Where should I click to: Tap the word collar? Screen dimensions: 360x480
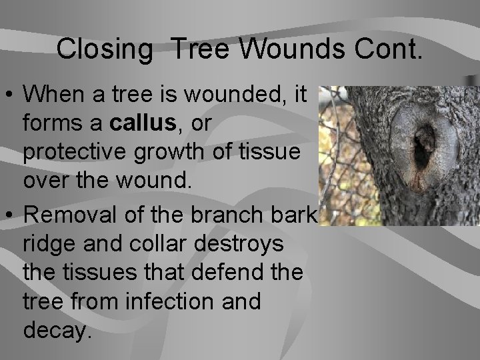pyautogui.click(x=151, y=244)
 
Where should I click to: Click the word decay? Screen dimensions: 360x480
pyautogui.click(x=57, y=331)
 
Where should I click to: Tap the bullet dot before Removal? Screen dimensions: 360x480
pyautogui.click(x=11, y=215)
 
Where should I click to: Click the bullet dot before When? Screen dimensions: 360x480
pyautogui.click(x=11, y=95)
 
